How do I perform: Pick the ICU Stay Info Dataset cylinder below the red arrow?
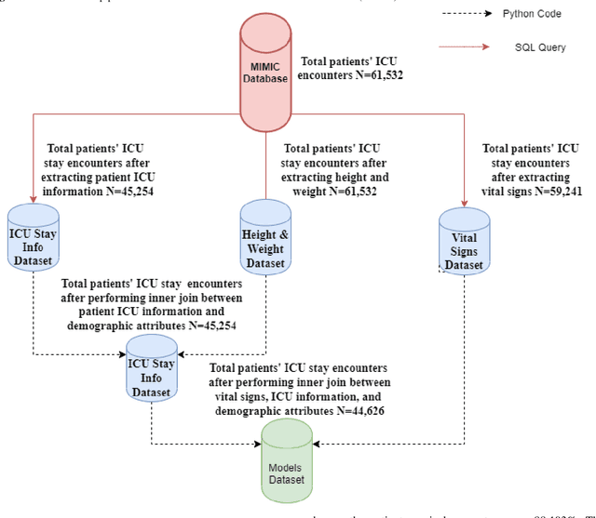(34, 239)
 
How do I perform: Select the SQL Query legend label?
(539, 46)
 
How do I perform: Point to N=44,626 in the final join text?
(366, 410)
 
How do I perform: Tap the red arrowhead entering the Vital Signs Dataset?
(463, 204)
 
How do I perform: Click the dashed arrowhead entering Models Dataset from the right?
(317, 443)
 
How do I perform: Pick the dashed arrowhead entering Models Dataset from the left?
(258, 443)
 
